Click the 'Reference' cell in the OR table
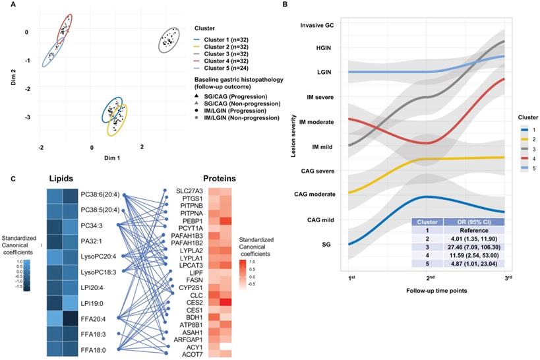(x=474, y=231)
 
